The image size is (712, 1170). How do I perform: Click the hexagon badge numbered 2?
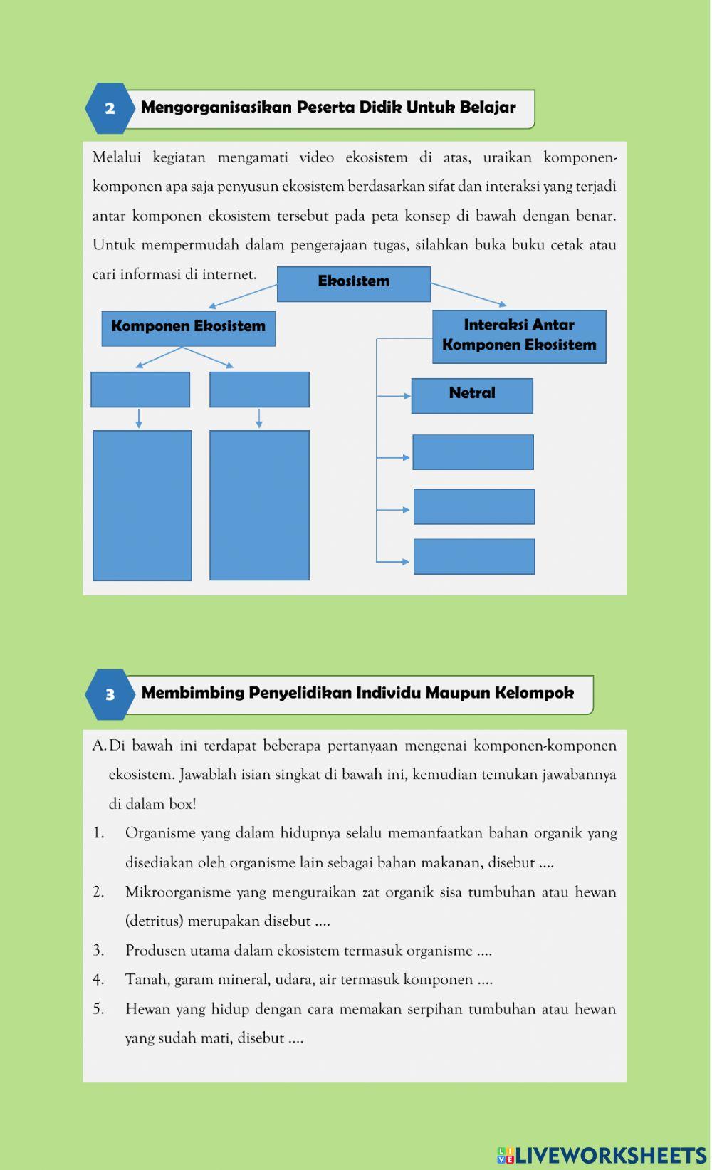(109, 109)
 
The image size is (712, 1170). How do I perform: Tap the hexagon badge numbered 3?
(110, 695)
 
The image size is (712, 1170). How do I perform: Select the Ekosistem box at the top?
(354, 283)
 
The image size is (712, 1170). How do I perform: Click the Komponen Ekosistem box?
(188, 328)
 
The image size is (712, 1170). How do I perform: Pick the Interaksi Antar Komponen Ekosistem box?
(519, 336)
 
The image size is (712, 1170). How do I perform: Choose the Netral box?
(472, 395)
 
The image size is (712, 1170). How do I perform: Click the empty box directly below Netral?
(473, 452)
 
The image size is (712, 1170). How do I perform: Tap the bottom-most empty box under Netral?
(474, 556)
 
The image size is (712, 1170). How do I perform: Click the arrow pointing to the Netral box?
(394, 396)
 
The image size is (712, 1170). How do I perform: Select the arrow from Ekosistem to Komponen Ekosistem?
(242, 296)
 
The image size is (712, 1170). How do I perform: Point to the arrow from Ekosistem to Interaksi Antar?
(468, 294)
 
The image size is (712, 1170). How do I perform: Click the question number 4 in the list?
(98, 980)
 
